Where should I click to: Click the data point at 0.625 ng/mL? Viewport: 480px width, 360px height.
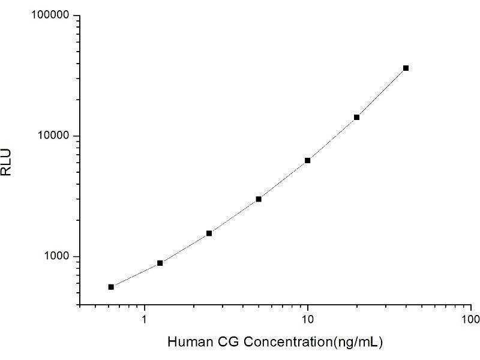tap(111, 287)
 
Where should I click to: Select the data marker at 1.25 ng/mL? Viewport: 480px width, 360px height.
tap(160, 263)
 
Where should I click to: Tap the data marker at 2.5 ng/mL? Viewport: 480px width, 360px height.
tap(209, 233)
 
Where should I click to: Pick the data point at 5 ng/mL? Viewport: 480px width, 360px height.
tap(259, 199)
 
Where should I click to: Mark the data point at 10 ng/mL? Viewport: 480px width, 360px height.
tap(308, 160)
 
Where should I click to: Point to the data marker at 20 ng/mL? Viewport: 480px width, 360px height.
tap(356, 117)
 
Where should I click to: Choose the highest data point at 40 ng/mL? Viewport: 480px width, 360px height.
tap(406, 68)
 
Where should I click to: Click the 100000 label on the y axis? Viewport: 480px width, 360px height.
tap(50, 16)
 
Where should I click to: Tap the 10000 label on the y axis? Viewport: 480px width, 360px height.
tap(53, 136)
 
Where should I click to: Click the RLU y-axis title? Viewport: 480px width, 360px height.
tap(8, 161)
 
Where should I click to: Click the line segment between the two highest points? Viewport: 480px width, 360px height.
tap(382, 93)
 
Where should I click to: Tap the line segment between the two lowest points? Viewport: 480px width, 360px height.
tap(136, 275)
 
